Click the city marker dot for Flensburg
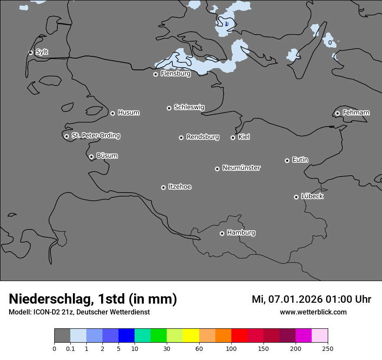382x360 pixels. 155,74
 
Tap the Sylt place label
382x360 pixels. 42,52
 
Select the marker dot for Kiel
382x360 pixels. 233,137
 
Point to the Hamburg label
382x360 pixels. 241,232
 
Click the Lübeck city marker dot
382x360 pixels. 296,197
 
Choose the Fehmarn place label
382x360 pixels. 356,113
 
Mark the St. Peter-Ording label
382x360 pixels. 95,135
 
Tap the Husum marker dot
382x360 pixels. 112,113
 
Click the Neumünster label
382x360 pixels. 241,168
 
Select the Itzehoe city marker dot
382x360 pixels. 163,187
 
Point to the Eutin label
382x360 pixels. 300,160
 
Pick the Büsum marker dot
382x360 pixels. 91,157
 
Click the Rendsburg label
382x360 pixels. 203,137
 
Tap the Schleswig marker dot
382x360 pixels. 169,108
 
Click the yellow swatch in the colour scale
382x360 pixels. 191,336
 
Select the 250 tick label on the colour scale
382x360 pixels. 328,348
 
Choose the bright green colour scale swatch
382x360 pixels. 159,336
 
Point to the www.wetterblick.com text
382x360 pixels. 313,312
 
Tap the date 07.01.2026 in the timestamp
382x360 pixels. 295,299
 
